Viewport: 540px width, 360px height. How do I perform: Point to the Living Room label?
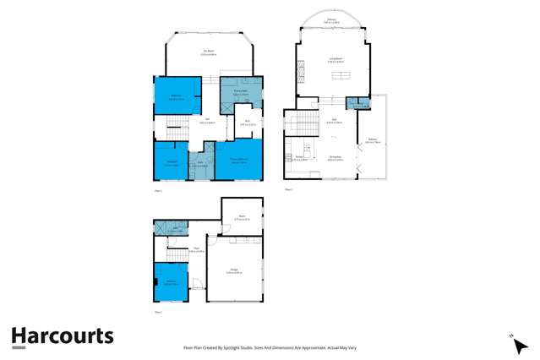click(x=335, y=58)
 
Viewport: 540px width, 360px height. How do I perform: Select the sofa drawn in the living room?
click(x=345, y=77)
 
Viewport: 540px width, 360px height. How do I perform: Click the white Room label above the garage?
click(x=242, y=217)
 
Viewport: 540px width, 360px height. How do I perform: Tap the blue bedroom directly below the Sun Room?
click(x=175, y=95)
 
